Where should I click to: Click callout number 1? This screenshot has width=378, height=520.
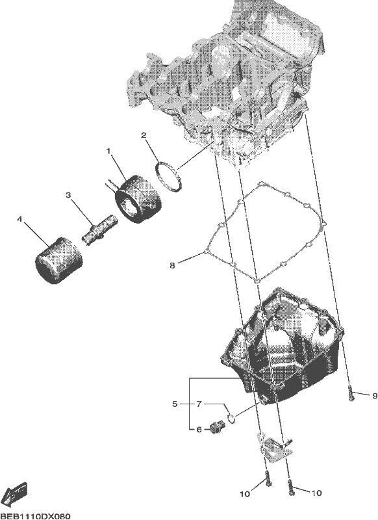point(108,151)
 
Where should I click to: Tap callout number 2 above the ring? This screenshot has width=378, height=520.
point(144,135)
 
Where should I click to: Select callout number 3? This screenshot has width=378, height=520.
point(68,195)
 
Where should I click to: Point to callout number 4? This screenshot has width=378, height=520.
point(20,219)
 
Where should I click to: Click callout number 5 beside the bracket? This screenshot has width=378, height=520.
point(175,404)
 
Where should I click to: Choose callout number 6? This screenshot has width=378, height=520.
point(199,430)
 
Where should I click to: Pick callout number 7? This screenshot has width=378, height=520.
point(199,404)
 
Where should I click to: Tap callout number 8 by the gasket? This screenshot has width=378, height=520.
point(172,266)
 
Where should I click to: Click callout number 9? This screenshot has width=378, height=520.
point(375,396)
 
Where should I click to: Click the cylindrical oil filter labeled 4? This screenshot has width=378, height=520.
point(58,260)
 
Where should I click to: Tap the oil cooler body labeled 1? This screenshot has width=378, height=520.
point(138,199)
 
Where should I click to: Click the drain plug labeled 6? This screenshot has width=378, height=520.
point(217,427)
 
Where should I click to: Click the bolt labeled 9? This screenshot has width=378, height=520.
point(351,393)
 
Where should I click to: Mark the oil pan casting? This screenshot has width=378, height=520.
point(282,345)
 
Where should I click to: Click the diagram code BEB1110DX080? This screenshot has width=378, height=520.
point(35,516)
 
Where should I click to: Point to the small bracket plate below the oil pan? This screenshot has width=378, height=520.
point(274,448)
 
